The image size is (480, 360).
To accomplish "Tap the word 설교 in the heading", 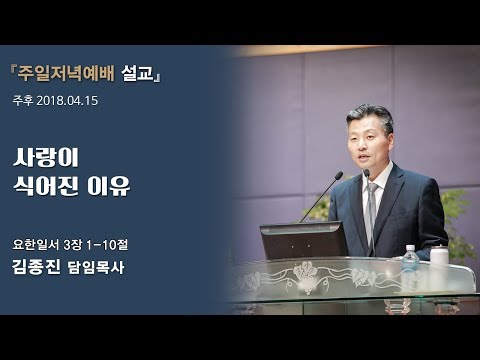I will [x=142, y=75].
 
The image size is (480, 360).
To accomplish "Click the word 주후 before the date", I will [x=24, y=100].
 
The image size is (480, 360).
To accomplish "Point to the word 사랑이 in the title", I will [x=46, y=158].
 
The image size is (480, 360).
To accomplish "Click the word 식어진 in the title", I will [x=46, y=187].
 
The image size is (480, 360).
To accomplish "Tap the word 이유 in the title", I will [x=108, y=187].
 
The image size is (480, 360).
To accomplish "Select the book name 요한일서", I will [x=36, y=243].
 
